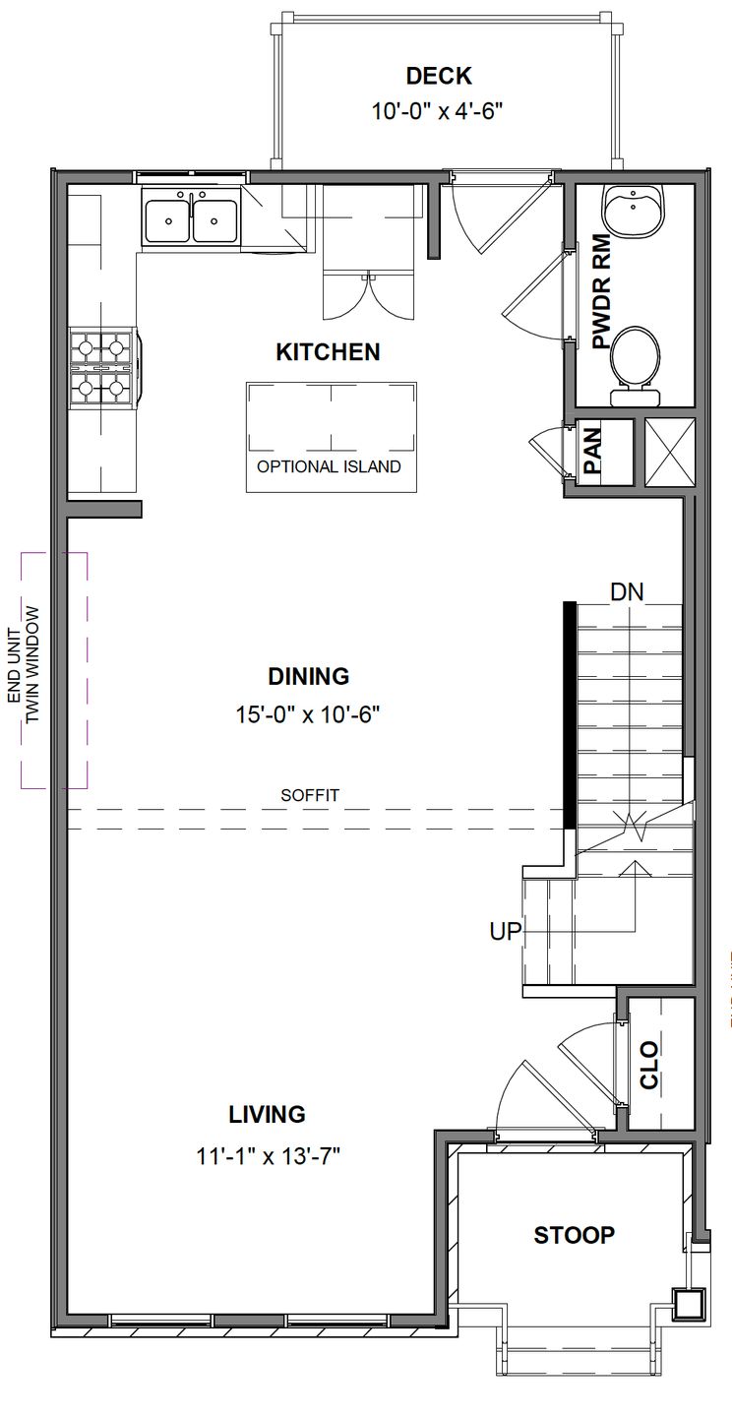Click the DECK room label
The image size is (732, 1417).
(439, 76)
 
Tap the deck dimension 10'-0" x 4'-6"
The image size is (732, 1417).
(437, 111)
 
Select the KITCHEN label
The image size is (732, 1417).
(328, 352)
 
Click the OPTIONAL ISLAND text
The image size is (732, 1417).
(329, 466)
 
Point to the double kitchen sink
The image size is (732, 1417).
(192, 219)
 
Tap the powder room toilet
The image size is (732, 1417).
(635, 360)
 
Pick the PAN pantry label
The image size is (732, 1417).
(592, 452)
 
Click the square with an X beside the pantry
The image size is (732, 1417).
(669, 452)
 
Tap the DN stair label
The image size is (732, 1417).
(627, 592)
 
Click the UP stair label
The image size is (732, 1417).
(505, 931)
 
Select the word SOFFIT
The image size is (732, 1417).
(310, 795)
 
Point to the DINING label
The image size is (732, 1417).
(308, 676)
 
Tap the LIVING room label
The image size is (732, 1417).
(267, 1114)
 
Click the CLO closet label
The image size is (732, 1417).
(649, 1065)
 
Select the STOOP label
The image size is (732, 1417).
(574, 1235)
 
